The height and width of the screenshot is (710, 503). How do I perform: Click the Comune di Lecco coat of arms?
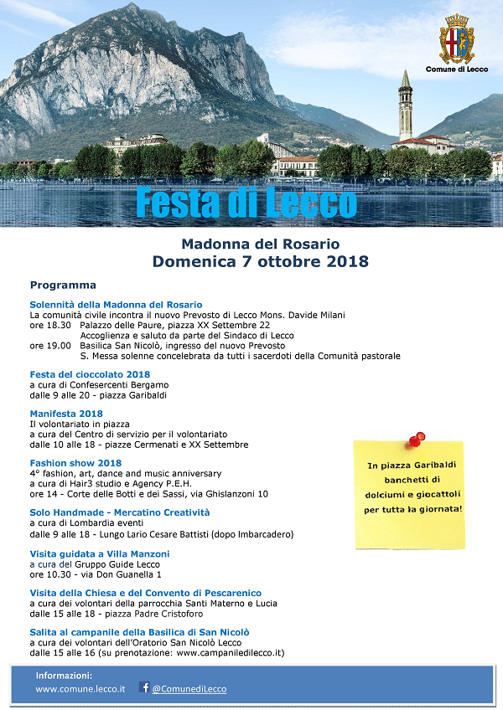[457, 39]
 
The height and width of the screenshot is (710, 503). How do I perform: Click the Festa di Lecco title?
[246, 203]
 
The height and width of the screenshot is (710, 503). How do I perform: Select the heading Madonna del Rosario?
[260, 244]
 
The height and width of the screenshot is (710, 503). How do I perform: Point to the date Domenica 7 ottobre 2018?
[260, 261]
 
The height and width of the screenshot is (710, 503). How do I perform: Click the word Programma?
[63, 286]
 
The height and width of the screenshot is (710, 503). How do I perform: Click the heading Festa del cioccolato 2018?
[90, 374]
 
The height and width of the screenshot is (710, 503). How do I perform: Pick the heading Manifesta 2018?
[66, 414]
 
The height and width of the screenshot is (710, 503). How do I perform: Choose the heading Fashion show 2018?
[75, 463]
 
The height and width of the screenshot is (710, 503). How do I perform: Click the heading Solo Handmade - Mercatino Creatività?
[120, 512]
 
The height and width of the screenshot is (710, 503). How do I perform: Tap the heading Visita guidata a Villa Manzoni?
[100, 554]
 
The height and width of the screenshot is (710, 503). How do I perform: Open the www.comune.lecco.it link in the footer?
[80, 689]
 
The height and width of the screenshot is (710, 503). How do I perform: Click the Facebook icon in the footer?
[143, 688]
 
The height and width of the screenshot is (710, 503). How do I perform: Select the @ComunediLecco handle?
[189, 689]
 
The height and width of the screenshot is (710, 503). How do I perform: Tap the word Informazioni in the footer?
[64, 675]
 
